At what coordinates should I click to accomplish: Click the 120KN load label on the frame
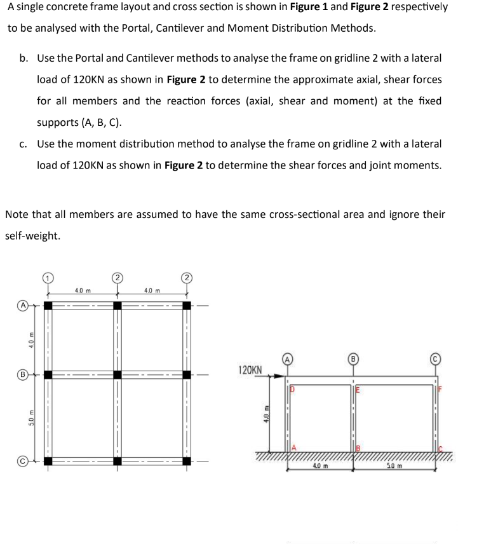pyautogui.click(x=249, y=369)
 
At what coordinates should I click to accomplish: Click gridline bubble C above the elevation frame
pyautogui.click(x=436, y=357)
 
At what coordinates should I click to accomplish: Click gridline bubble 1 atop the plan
pyautogui.click(x=48, y=278)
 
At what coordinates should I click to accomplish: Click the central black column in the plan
pyautogui.click(x=118, y=375)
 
